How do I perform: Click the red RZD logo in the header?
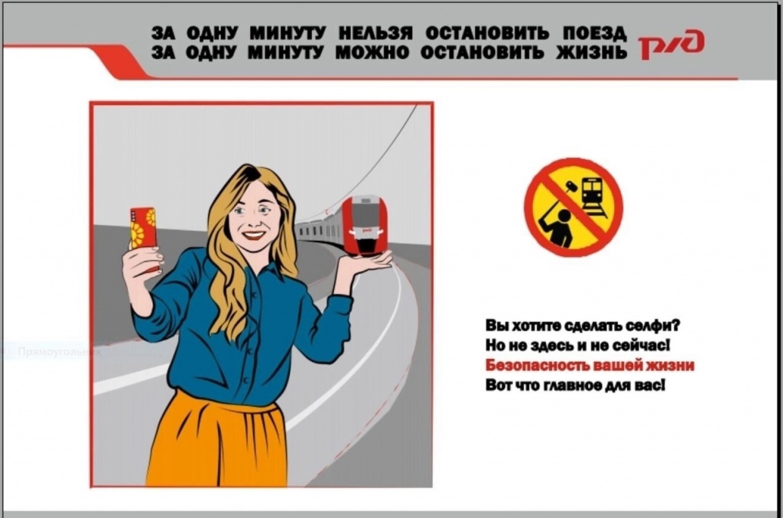[x=671, y=45]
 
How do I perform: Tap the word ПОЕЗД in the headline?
[x=594, y=33]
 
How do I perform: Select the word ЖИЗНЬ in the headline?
[x=591, y=52]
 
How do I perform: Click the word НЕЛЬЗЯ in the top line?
[x=375, y=33]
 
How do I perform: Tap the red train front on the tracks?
[x=365, y=226]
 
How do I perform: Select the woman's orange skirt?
[x=219, y=440]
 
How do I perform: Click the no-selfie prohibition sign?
[x=573, y=207]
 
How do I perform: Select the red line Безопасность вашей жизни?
[x=590, y=366]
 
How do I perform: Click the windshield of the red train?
[x=365, y=211]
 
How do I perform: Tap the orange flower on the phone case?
[x=137, y=234]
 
